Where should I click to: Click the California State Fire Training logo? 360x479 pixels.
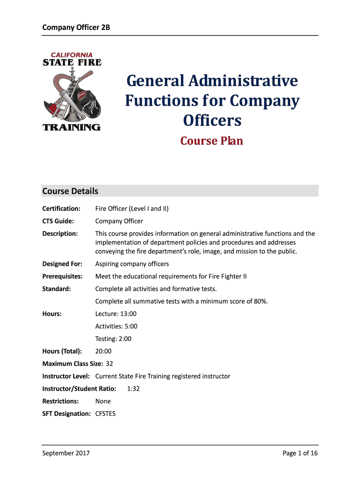tap(72, 91)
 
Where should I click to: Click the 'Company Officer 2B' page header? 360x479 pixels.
tap(76, 27)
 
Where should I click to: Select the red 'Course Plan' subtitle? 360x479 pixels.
tap(212, 141)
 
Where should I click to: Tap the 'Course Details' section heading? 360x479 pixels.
tap(70, 191)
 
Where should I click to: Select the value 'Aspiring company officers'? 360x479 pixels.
tap(132, 264)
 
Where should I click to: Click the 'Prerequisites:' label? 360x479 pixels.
tap(62, 276)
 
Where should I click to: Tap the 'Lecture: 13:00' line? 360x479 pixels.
tap(116, 314)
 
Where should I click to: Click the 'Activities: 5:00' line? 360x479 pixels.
tap(116, 327)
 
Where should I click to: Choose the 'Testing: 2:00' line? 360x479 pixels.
tap(113, 339)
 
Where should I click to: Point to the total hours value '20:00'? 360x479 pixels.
tap(103, 351)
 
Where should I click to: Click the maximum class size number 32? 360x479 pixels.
tap(109, 363)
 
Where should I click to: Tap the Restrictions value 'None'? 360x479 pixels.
tap(103, 401)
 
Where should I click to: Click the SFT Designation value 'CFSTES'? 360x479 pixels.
tap(105, 414)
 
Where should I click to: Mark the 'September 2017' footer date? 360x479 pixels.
tap(66, 453)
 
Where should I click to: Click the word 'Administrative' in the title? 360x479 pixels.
tap(244, 81)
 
